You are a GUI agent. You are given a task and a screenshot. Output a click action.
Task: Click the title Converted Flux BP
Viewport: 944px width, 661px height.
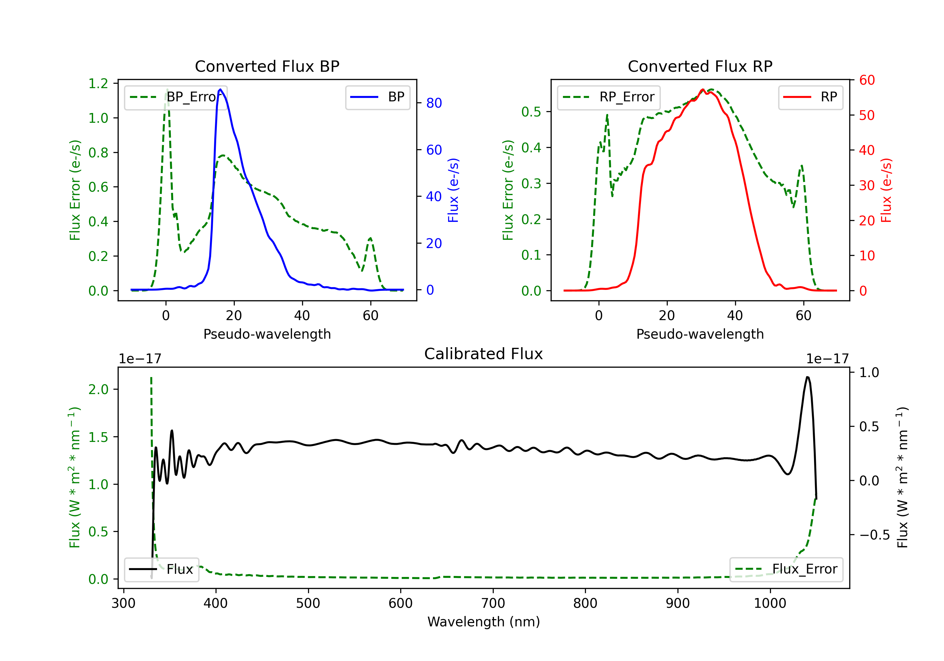(x=267, y=66)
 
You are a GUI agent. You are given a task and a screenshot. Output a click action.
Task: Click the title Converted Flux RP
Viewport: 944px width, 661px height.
(x=700, y=66)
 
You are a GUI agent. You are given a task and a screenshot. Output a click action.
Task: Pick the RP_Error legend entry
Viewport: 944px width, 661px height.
(x=609, y=97)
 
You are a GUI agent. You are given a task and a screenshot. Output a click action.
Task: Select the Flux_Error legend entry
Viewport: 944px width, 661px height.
(x=786, y=569)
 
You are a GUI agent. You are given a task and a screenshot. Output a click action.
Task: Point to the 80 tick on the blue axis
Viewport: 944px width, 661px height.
(x=434, y=103)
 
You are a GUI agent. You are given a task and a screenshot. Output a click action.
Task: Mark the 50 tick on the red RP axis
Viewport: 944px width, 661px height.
(x=867, y=115)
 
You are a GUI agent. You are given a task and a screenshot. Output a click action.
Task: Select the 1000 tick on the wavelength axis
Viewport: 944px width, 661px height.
(x=770, y=603)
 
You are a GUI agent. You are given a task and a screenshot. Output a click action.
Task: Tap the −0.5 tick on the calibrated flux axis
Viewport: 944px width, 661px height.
(x=874, y=535)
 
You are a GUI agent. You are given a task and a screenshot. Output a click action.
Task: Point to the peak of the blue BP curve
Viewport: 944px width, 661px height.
(x=220, y=89)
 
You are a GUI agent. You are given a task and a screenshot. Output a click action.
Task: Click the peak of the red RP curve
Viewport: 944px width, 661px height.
(x=703, y=90)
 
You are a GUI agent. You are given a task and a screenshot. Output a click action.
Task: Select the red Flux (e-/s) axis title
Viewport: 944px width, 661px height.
(x=886, y=190)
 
